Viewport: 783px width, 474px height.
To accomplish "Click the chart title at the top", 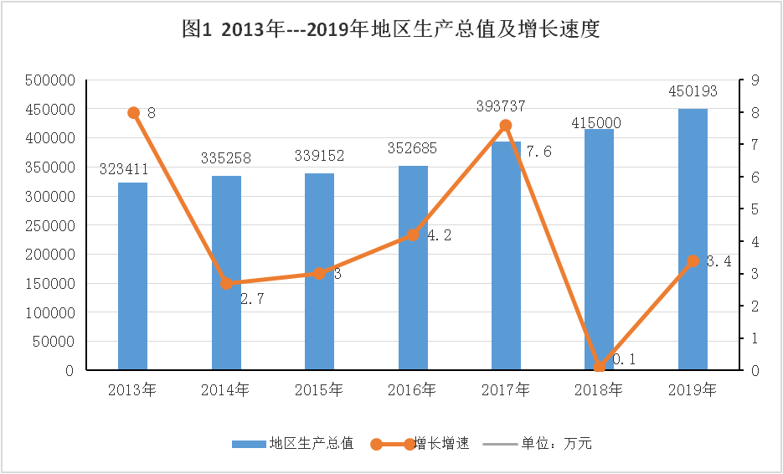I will click(391, 31).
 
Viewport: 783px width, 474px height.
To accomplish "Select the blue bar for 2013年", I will click(132, 276).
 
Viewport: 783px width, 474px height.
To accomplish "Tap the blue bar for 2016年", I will click(413, 268).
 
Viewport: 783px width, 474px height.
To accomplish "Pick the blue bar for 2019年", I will click(693, 239).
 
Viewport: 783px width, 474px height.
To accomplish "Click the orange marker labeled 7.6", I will click(506, 126).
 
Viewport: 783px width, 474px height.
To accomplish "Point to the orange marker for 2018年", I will click(599, 367).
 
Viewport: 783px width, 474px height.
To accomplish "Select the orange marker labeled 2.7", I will click(226, 283).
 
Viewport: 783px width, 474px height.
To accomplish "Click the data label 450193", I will click(693, 91).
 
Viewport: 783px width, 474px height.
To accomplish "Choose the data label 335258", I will click(226, 157).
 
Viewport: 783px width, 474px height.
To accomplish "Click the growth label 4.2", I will click(440, 236).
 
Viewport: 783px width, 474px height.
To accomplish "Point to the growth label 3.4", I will click(719, 261).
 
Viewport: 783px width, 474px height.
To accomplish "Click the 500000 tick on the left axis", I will click(51, 80).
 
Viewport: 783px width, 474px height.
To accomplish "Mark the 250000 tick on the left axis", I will click(51, 225).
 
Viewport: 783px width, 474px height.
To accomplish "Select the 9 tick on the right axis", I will click(755, 80).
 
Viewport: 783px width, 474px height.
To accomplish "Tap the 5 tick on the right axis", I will click(755, 209).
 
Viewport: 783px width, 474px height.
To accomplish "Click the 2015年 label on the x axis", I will click(319, 389).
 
